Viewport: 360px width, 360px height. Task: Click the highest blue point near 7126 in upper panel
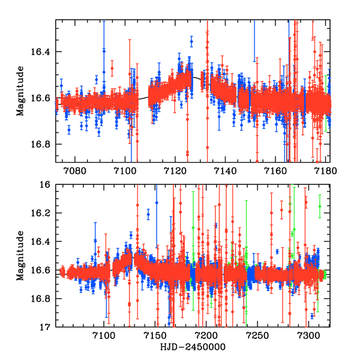(191, 42)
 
